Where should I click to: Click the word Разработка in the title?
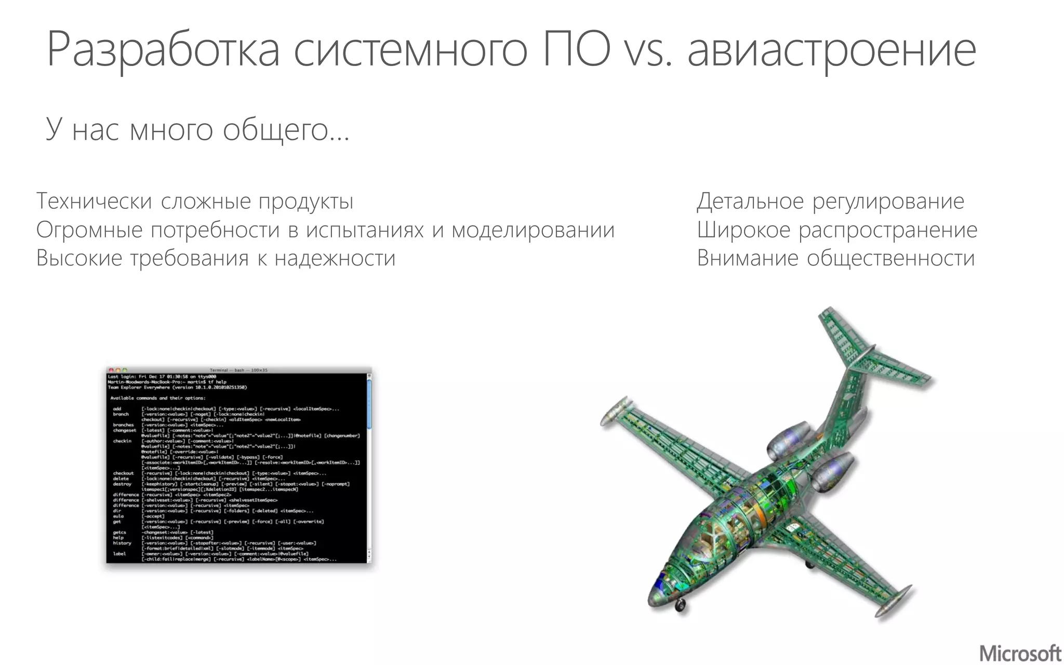pyautogui.click(x=163, y=50)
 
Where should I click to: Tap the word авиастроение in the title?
pyautogui.click(x=831, y=50)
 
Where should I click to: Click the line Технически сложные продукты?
pyautogui.click(x=195, y=201)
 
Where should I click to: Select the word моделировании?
pyautogui.click(x=533, y=230)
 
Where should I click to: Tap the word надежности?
pyautogui.click(x=335, y=258)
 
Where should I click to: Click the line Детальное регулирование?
pyautogui.click(x=830, y=201)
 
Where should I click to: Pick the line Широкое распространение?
pyautogui.click(x=837, y=230)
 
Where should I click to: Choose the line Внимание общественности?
pyautogui.click(x=835, y=258)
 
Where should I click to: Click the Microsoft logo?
pyautogui.click(x=1020, y=653)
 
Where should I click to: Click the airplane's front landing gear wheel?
pyautogui.click(x=680, y=606)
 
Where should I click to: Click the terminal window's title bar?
pyautogui.click(x=239, y=370)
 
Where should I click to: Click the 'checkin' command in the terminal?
pyautogui.click(x=122, y=441)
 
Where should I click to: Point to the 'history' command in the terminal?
pyautogui.click(x=122, y=543)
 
